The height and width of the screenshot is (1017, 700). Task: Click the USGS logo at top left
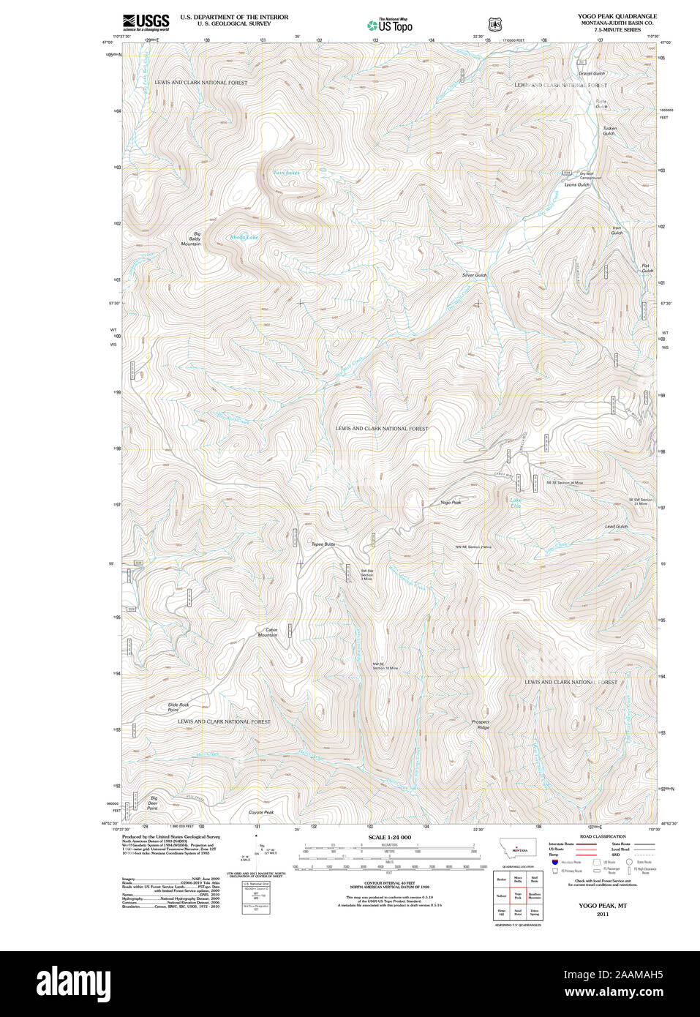tap(146, 21)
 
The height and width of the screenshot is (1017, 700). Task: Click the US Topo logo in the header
tap(390, 26)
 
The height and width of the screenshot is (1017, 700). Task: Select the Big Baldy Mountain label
tap(191, 239)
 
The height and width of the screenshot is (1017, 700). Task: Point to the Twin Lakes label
tap(286, 173)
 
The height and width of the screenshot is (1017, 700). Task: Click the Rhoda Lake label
tap(244, 237)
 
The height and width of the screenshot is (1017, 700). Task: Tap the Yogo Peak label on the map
tap(451, 503)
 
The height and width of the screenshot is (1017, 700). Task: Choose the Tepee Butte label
tap(323, 544)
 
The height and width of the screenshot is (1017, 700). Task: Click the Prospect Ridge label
tap(481, 724)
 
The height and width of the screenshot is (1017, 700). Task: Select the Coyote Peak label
tap(261, 812)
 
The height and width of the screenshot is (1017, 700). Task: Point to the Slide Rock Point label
tap(178, 708)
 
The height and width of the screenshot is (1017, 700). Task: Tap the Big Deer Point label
tap(153, 803)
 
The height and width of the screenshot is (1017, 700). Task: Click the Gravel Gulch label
tap(592, 74)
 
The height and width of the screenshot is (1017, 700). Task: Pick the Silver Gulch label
tap(474, 275)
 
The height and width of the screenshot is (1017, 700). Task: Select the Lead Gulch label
tap(616, 526)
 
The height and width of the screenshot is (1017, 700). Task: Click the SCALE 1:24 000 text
tap(389, 837)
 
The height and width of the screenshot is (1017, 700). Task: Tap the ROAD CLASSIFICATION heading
tap(602, 836)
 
